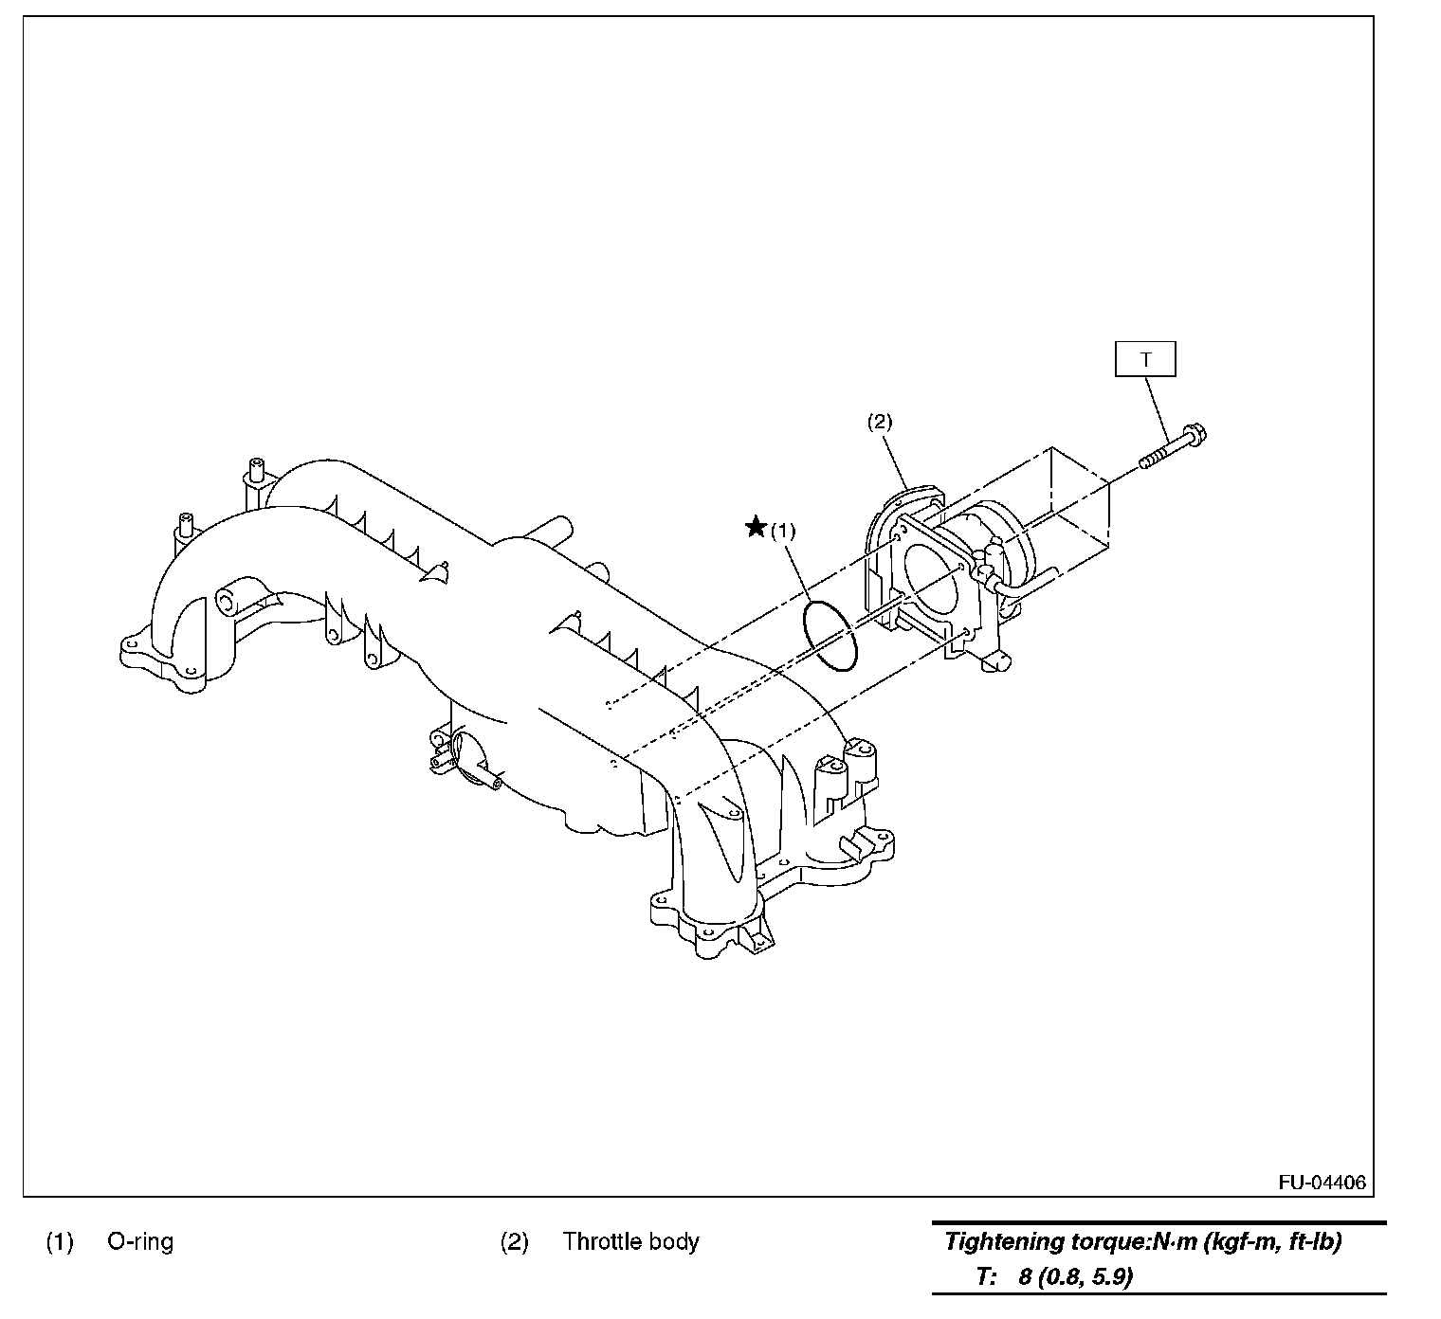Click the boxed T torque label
click(x=1145, y=360)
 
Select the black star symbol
click(x=756, y=527)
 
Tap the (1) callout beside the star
click(x=782, y=531)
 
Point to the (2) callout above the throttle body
click(x=880, y=422)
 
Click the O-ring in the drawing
click(x=830, y=635)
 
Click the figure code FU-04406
click(x=1322, y=1183)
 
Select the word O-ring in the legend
click(x=140, y=1241)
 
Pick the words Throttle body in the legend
click(x=630, y=1241)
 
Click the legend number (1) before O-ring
click(x=60, y=1241)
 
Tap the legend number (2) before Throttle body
click(x=514, y=1241)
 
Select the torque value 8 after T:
click(x=1025, y=1276)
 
